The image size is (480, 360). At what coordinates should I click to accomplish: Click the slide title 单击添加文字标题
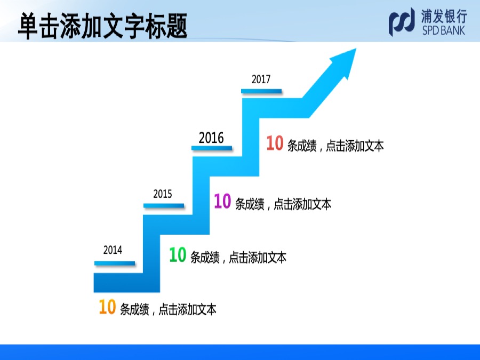[x=102, y=26]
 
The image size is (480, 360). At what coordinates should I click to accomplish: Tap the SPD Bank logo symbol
[x=402, y=22]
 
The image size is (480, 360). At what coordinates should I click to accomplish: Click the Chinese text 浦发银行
[x=444, y=16]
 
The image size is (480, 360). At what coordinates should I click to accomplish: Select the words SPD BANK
[x=444, y=30]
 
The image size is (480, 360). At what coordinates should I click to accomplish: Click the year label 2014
[x=113, y=250]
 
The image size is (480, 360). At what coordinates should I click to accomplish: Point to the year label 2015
[x=163, y=194]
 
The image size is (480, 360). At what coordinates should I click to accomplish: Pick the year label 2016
[x=211, y=138]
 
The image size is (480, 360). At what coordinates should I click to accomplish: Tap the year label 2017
[x=261, y=79]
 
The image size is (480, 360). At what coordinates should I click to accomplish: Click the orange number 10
[x=107, y=307]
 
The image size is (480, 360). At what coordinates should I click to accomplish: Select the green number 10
[x=178, y=254]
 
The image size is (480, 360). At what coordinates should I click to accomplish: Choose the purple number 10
[x=222, y=201]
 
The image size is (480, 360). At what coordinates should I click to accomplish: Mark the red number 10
[x=275, y=143]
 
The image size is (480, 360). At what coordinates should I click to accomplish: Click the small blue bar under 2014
[x=115, y=263]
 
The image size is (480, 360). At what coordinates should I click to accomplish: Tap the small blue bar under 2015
[x=164, y=206]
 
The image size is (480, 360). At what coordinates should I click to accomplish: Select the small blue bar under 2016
[x=212, y=148]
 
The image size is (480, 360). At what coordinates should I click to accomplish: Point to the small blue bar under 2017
[x=261, y=91]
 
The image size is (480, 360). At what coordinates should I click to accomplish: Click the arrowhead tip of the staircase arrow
[x=356, y=49]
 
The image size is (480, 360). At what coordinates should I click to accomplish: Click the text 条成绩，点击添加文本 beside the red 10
[x=335, y=146]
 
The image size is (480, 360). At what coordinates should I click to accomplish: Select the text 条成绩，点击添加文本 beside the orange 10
[x=168, y=309]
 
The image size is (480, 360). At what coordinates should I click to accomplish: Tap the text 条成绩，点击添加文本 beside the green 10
[x=238, y=258]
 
